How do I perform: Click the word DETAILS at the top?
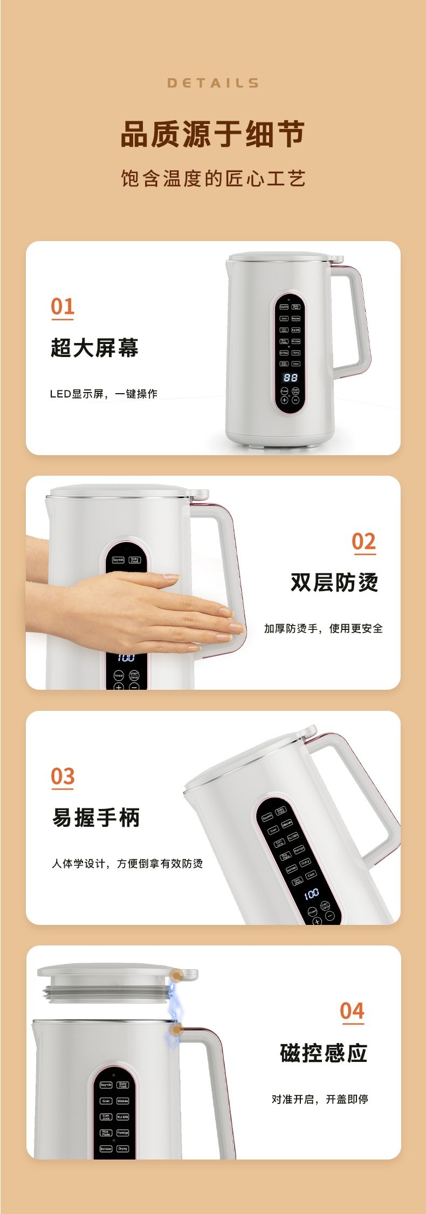click(x=213, y=83)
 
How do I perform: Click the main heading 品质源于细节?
click(x=213, y=134)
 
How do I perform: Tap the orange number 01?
click(x=63, y=306)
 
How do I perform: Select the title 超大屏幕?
click(x=94, y=348)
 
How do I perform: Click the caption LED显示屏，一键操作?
click(x=104, y=394)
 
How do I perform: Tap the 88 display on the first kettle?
click(x=291, y=378)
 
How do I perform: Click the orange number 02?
click(x=363, y=541)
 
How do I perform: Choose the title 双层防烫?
click(x=334, y=582)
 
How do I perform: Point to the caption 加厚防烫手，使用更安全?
click(x=323, y=628)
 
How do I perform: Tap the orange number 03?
click(x=63, y=777)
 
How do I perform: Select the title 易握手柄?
click(x=96, y=818)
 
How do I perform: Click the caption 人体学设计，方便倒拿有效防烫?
click(x=127, y=863)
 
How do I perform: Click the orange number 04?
click(x=352, y=1011)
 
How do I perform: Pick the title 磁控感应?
click(x=324, y=1053)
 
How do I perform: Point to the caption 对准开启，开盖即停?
click(x=320, y=1099)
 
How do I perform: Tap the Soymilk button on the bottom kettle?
click(x=106, y=1085)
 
